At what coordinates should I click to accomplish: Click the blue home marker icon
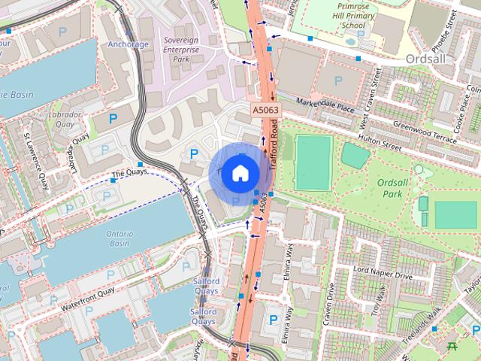(x=239, y=173)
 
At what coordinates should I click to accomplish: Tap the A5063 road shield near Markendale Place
(x=264, y=111)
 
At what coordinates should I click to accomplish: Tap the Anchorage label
(x=128, y=44)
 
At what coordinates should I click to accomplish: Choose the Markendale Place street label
(x=325, y=105)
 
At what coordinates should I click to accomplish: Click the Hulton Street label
(x=387, y=141)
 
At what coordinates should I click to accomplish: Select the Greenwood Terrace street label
(x=424, y=132)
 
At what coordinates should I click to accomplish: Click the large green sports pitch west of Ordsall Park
(x=313, y=162)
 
